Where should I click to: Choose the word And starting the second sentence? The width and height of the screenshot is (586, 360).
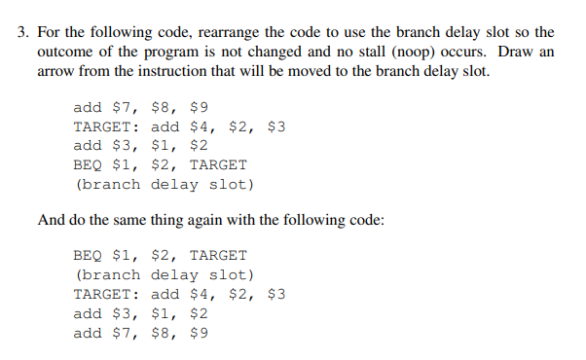(52, 220)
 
